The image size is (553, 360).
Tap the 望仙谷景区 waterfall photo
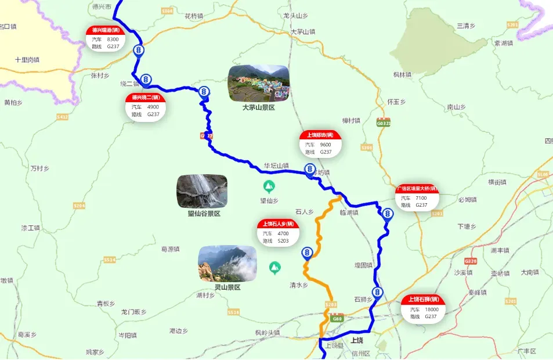(x=202, y=191)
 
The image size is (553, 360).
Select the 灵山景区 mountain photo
(x=227, y=264)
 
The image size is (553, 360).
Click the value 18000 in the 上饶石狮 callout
(x=431, y=309)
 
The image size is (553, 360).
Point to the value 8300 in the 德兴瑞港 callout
(x=113, y=39)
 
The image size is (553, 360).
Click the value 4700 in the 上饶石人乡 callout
(x=283, y=233)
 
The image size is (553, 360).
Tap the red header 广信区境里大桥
(x=417, y=189)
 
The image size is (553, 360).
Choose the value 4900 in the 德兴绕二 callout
(x=153, y=107)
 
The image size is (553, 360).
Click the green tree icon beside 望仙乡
(x=269, y=186)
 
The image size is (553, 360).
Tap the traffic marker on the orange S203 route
(x=307, y=253)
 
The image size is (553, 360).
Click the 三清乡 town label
(x=466, y=26)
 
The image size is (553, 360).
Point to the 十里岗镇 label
(x=27, y=60)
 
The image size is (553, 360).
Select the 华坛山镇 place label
(x=276, y=165)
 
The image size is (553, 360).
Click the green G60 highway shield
(x=337, y=318)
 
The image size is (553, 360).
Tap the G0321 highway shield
(x=383, y=123)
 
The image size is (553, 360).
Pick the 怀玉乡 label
(x=395, y=101)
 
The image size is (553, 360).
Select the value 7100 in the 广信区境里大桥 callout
(x=421, y=198)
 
